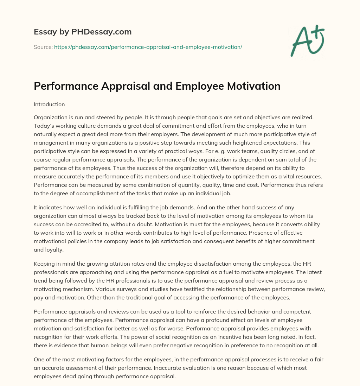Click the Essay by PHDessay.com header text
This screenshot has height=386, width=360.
(x=83, y=32)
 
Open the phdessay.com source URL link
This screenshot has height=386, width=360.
(x=148, y=47)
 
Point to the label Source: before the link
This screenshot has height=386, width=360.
(x=43, y=47)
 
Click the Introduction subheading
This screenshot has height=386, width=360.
(x=49, y=105)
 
